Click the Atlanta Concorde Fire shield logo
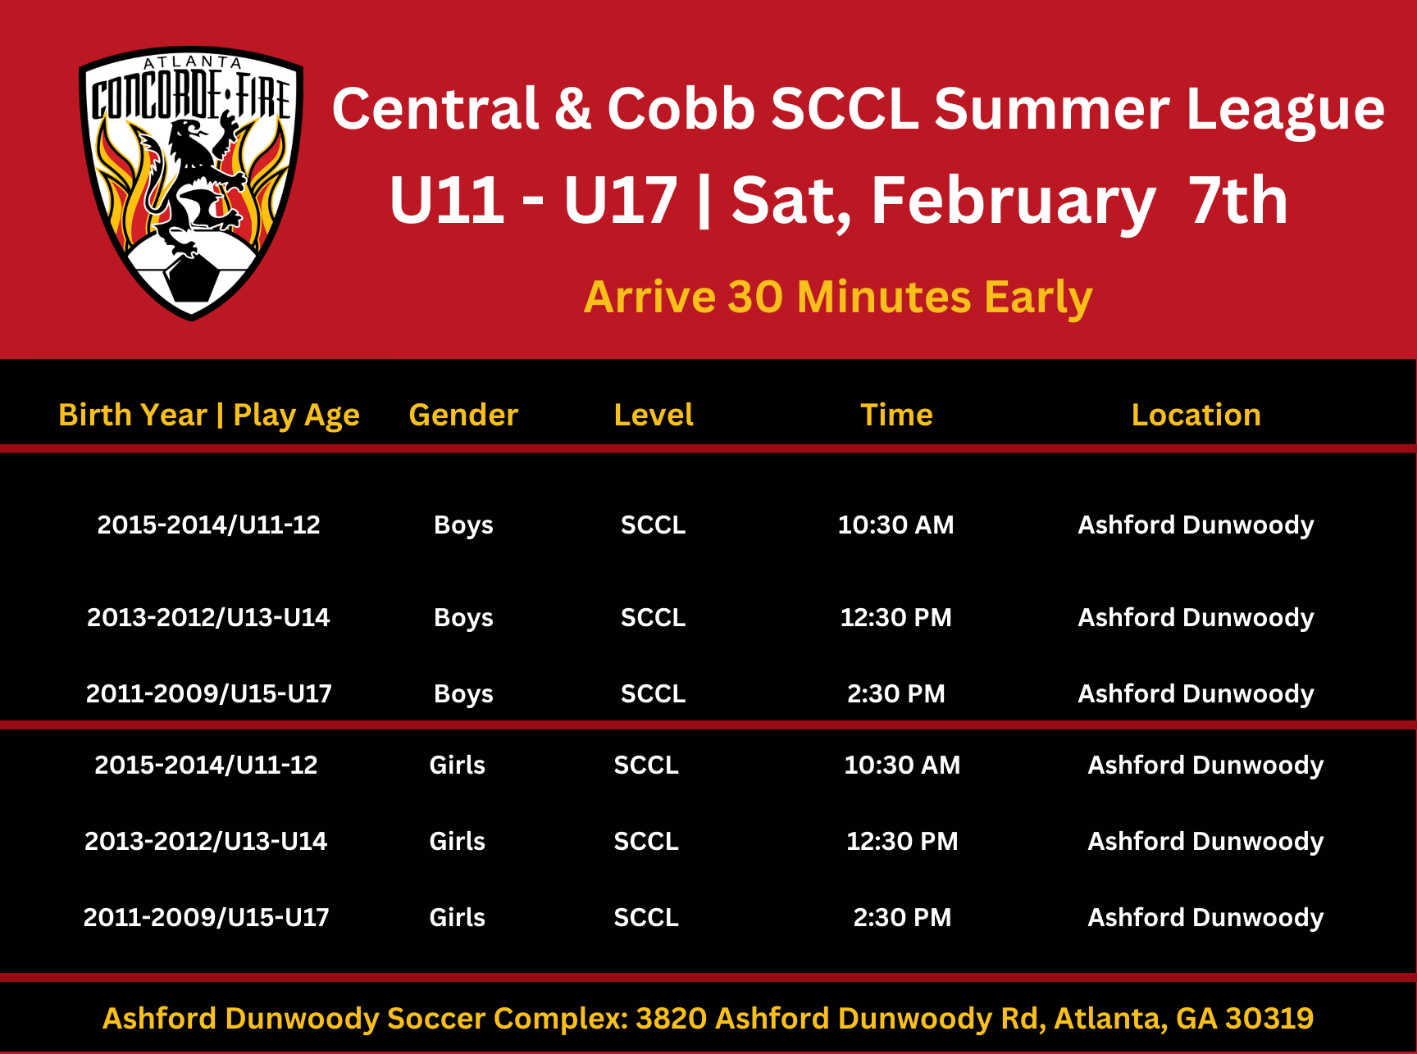(191, 183)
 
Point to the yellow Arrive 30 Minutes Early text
(838, 297)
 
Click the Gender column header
(463, 415)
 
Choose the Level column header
(654, 415)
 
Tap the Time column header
(896, 415)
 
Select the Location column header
(1196, 415)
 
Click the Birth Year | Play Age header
(209, 416)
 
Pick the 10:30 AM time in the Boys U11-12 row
(895, 525)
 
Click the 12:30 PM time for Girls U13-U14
(902, 841)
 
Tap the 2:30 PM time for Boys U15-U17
(895, 693)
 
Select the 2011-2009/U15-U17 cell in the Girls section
(206, 917)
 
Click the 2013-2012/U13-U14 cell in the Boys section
(208, 617)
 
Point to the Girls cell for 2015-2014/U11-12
(457, 765)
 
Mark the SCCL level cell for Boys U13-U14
(653, 617)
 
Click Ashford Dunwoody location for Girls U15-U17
(1205, 917)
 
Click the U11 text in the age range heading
(446, 202)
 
